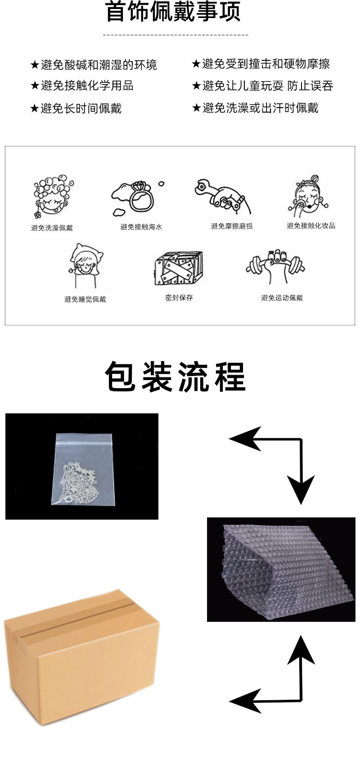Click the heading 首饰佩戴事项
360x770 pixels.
173,11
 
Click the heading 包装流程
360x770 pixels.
175,377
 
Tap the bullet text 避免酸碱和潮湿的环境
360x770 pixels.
99,65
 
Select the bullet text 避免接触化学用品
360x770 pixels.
87,86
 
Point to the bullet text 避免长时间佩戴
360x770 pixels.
81,108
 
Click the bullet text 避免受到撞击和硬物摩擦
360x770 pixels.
266,63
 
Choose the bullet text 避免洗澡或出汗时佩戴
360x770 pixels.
261,108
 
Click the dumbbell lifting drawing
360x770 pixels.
275,267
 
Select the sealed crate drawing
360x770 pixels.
178,268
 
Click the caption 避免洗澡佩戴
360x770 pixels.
52,227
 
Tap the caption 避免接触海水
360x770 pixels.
141,226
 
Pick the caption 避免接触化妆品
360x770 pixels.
311,226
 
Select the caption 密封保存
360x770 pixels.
179,297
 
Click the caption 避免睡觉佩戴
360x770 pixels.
85,299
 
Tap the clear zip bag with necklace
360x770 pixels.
82,470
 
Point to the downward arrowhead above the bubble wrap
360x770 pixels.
301,489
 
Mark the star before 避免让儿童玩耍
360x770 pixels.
196,86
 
